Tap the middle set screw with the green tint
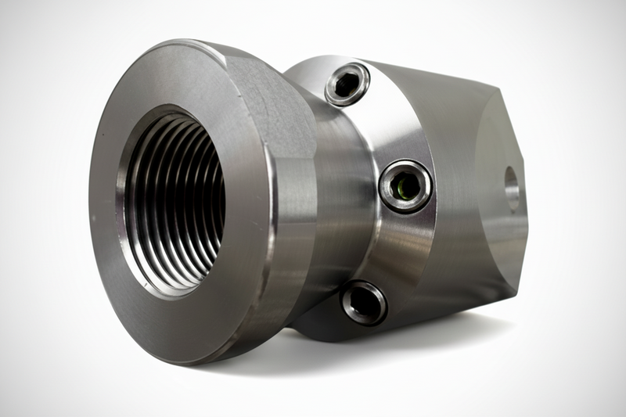pos(405,186)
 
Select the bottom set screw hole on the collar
pos(364,302)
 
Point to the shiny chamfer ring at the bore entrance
pos(125,235)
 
